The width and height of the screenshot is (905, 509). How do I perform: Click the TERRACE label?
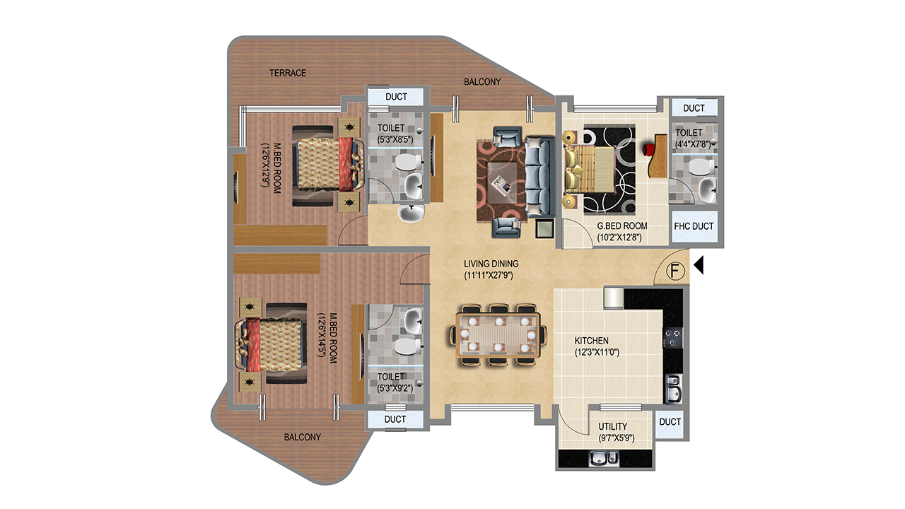[x=288, y=73]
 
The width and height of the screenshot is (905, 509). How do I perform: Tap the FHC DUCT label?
[x=694, y=226]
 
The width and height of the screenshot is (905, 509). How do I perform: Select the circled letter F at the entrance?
[x=675, y=271]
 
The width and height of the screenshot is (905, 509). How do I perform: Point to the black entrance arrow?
[x=699, y=265]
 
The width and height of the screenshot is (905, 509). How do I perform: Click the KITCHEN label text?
[x=592, y=341]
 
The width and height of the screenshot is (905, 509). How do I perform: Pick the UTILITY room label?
[x=613, y=426]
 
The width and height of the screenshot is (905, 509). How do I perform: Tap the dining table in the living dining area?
[x=498, y=335]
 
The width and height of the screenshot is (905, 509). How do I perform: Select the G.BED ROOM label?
[x=622, y=226]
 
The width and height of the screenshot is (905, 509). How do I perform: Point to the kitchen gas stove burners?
[x=673, y=338]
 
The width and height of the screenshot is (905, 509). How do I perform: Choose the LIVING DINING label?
[x=491, y=264]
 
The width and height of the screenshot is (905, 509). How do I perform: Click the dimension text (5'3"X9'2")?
[x=395, y=389]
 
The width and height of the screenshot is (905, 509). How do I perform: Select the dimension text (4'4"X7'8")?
[x=693, y=144]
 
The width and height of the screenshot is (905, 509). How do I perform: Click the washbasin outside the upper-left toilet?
[x=411, y=213]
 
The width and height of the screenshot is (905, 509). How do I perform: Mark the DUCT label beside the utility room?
[x=670, y=422]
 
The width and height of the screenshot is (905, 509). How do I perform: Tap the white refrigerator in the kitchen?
[x=614, y=298]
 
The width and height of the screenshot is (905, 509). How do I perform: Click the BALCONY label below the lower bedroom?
[x=302, y=438]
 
